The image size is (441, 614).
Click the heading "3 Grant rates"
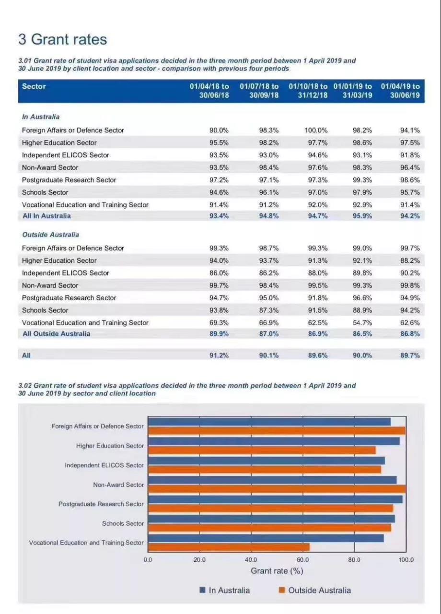pos(62,39)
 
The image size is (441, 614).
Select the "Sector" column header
pos(34,86)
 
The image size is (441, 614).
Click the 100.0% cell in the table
pos(316,130)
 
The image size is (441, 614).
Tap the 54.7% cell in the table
pos(362,322)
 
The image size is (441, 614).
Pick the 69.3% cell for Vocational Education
pos(219,322)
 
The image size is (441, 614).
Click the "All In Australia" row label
pos(46,216)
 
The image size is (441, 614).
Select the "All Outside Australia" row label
pos(56,333)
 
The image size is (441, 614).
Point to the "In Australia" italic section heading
pos(41,117)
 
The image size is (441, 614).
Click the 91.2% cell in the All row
pos(219,355)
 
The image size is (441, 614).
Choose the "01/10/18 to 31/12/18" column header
pos(308,91)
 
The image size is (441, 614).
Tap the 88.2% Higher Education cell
pos(410,260)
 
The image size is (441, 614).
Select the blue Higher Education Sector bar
pos(274,441)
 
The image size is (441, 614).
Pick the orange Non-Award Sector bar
pos(277,489)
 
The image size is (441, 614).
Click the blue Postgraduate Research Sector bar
pos(275,499)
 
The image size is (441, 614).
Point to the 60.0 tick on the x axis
pos(303,560)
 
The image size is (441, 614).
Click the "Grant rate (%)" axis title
pos(277,571)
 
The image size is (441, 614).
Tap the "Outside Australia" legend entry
pos(319,590)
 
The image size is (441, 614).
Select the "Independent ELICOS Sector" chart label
pos(104,465)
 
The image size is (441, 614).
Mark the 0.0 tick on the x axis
pos(148,560)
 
